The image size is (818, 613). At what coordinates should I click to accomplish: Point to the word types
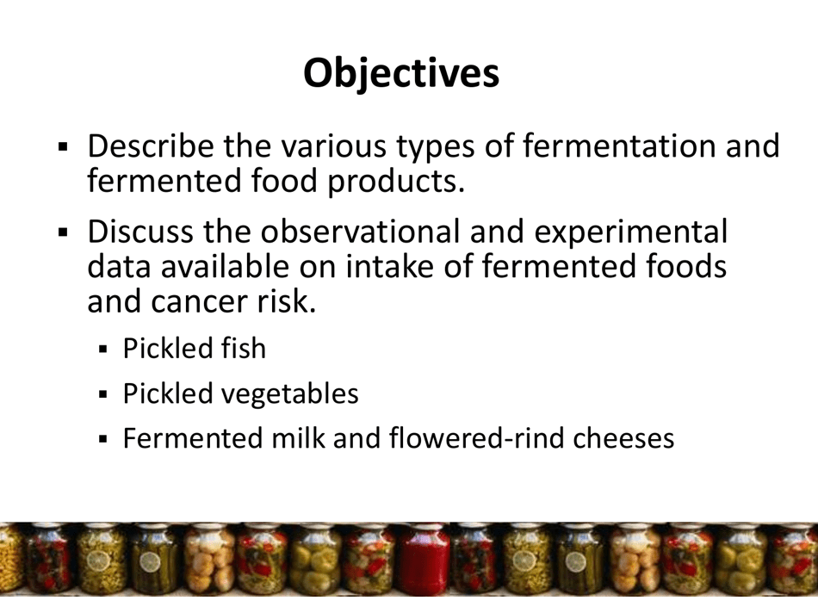434,148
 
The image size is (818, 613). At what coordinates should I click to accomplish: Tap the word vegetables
289,394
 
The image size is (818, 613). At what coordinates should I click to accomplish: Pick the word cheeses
623,438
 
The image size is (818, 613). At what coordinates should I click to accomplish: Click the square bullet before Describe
63,148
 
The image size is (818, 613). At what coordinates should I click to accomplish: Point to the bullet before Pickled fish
103,350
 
